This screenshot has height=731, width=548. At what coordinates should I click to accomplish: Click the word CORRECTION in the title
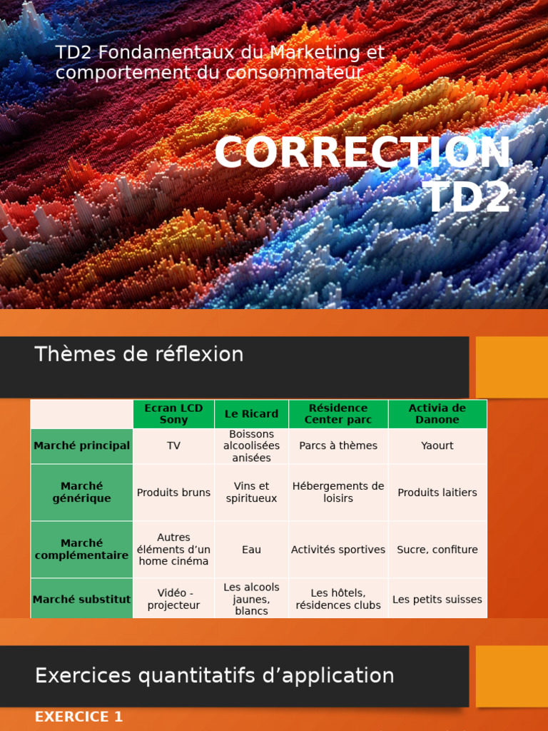coord(362,153)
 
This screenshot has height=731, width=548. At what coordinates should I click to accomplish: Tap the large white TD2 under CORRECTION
coord(467,196)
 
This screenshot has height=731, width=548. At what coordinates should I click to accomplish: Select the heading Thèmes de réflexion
coord(139,354)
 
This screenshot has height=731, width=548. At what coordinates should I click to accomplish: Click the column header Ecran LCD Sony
coord(173,414)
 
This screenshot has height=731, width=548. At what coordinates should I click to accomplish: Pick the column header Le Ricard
coord(251,414)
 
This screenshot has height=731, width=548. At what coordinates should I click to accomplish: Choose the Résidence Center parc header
coord(338,414)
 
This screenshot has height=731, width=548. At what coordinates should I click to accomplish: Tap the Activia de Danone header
coord(437,414)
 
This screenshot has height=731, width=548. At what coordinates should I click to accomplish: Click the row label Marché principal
coord(81,446)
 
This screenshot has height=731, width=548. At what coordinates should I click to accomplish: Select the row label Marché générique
coord(81,493)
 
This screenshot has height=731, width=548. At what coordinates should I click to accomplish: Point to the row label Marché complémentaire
coord(81,550)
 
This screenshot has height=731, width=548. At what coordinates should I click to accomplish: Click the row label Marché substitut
coord(81,600)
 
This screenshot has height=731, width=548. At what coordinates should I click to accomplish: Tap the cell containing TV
coord(173,446)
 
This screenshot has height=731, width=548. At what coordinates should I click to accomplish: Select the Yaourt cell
coord(437,446)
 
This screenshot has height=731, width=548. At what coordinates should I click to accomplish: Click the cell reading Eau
coord(251,550)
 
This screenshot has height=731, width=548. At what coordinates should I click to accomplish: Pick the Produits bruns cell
coord(173,493)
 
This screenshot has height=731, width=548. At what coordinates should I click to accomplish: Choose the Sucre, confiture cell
coord(437,550)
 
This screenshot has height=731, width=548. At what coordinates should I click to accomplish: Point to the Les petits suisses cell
coord(437,600)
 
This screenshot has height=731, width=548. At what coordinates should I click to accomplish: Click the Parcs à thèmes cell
coord(338,446)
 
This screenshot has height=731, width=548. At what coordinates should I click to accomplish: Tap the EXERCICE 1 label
coord(78,717)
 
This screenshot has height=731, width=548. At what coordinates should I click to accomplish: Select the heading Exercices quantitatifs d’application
coord(214,675)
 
